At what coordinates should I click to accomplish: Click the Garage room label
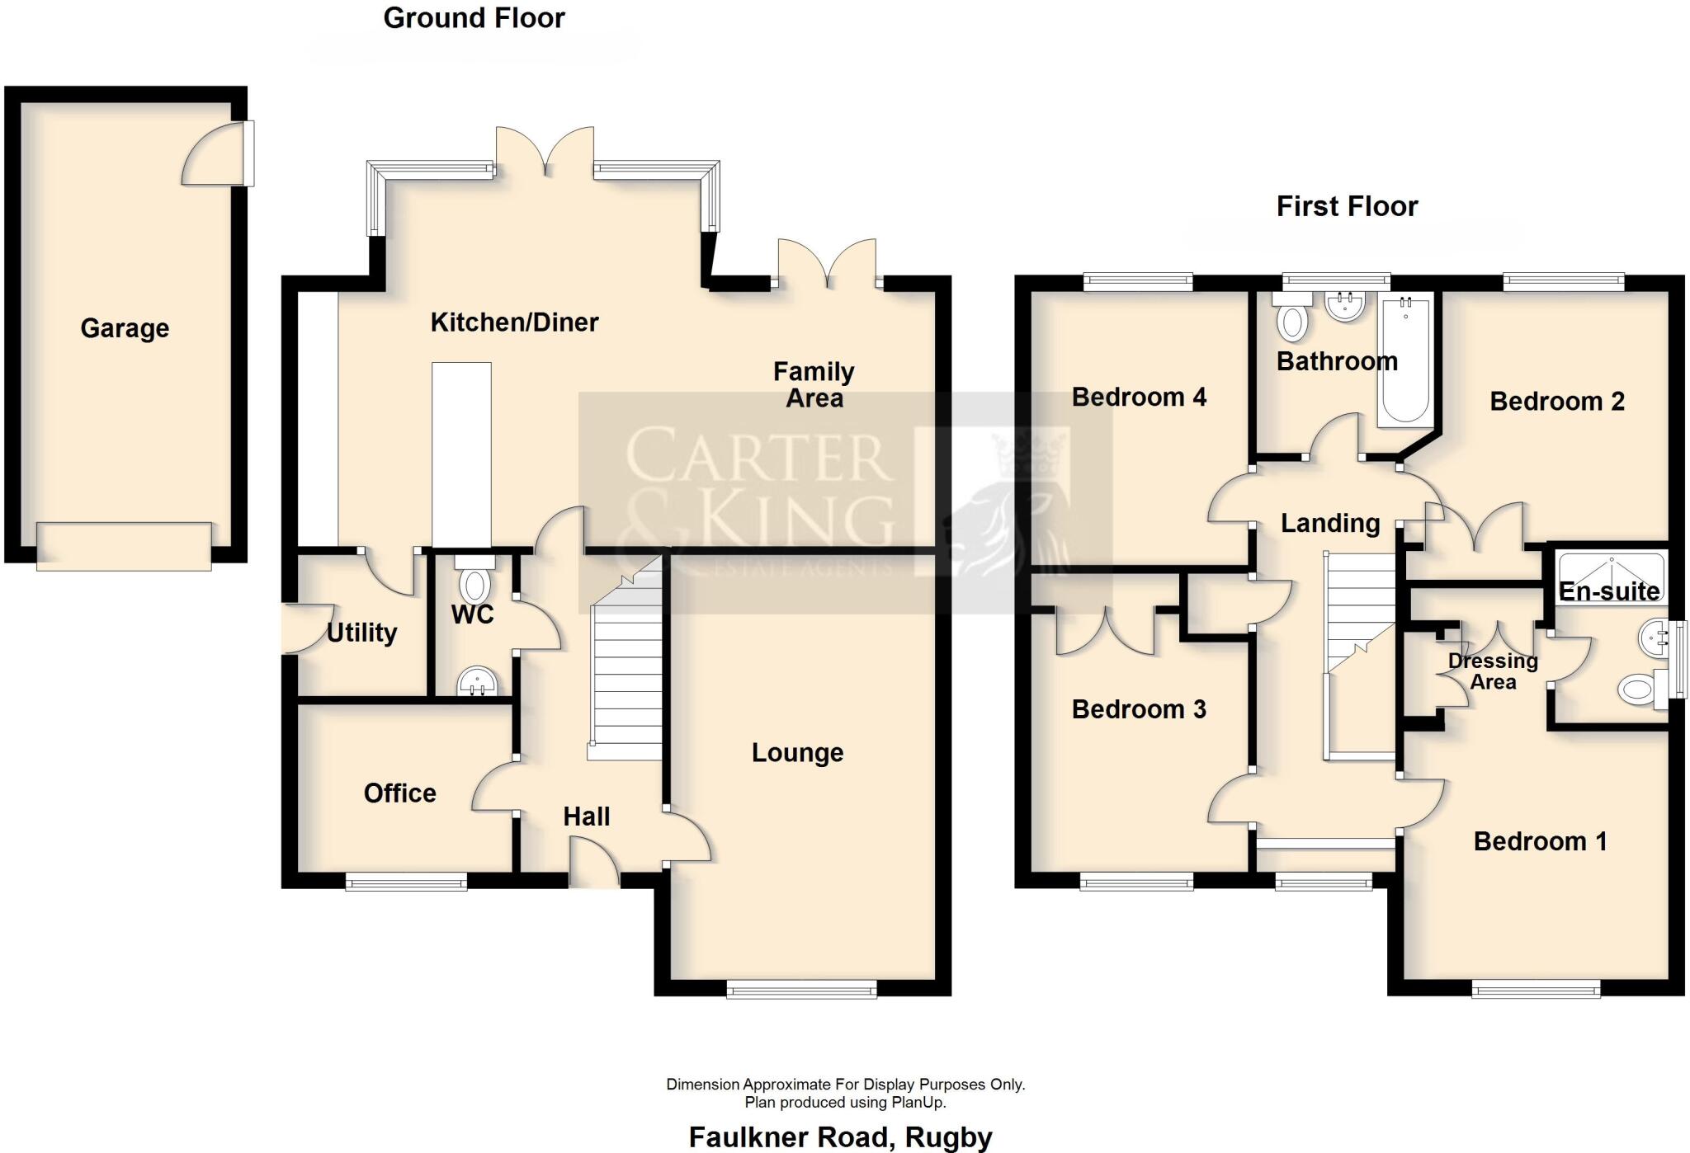coord(125,328)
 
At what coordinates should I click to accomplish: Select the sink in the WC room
coord(476,681)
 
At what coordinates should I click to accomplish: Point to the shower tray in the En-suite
coord(1610,575)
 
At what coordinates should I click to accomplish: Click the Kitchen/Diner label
coord(514,322)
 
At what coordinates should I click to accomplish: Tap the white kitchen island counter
coord(461,454)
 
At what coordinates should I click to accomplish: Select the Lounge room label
coord(797,753)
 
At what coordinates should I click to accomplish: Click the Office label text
coord(399,793)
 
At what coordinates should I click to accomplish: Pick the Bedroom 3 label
coord(1138,709)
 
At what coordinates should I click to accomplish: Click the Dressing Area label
coord(1493,671)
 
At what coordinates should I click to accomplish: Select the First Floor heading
coord(1347,206)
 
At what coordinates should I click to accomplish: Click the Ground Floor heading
coord(474,18)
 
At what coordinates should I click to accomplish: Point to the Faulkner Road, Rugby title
coord(840,1137)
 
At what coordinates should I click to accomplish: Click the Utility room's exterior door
coord(304,628)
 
